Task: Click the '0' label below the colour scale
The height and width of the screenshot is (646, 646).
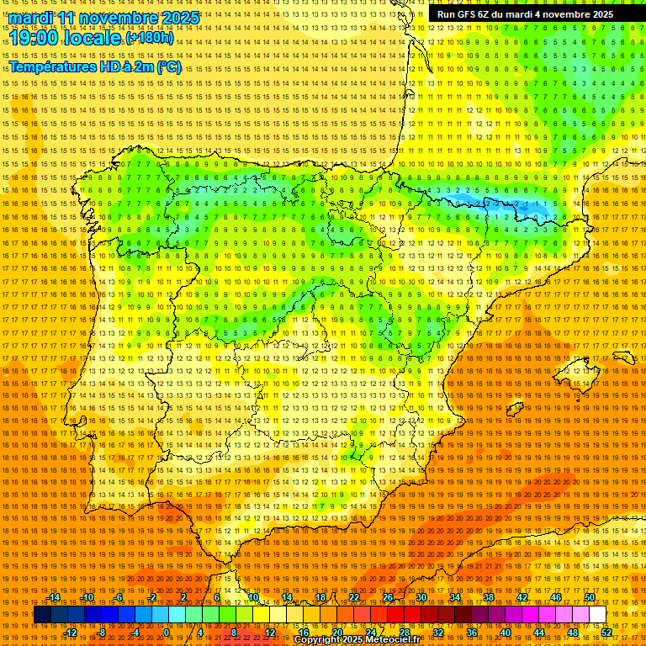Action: (x=167, y=632)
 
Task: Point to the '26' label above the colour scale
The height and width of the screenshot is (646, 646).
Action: (x=388, y=597)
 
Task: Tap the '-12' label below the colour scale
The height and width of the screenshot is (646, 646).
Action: (x=71, y=632)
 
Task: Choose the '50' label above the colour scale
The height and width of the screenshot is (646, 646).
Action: (x=590, y=597)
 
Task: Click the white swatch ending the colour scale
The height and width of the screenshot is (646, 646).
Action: (x=597, y=615)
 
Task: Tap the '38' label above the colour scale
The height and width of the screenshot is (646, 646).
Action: (x=489, y=597)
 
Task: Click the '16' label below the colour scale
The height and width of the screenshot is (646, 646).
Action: (x=304, y=632)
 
